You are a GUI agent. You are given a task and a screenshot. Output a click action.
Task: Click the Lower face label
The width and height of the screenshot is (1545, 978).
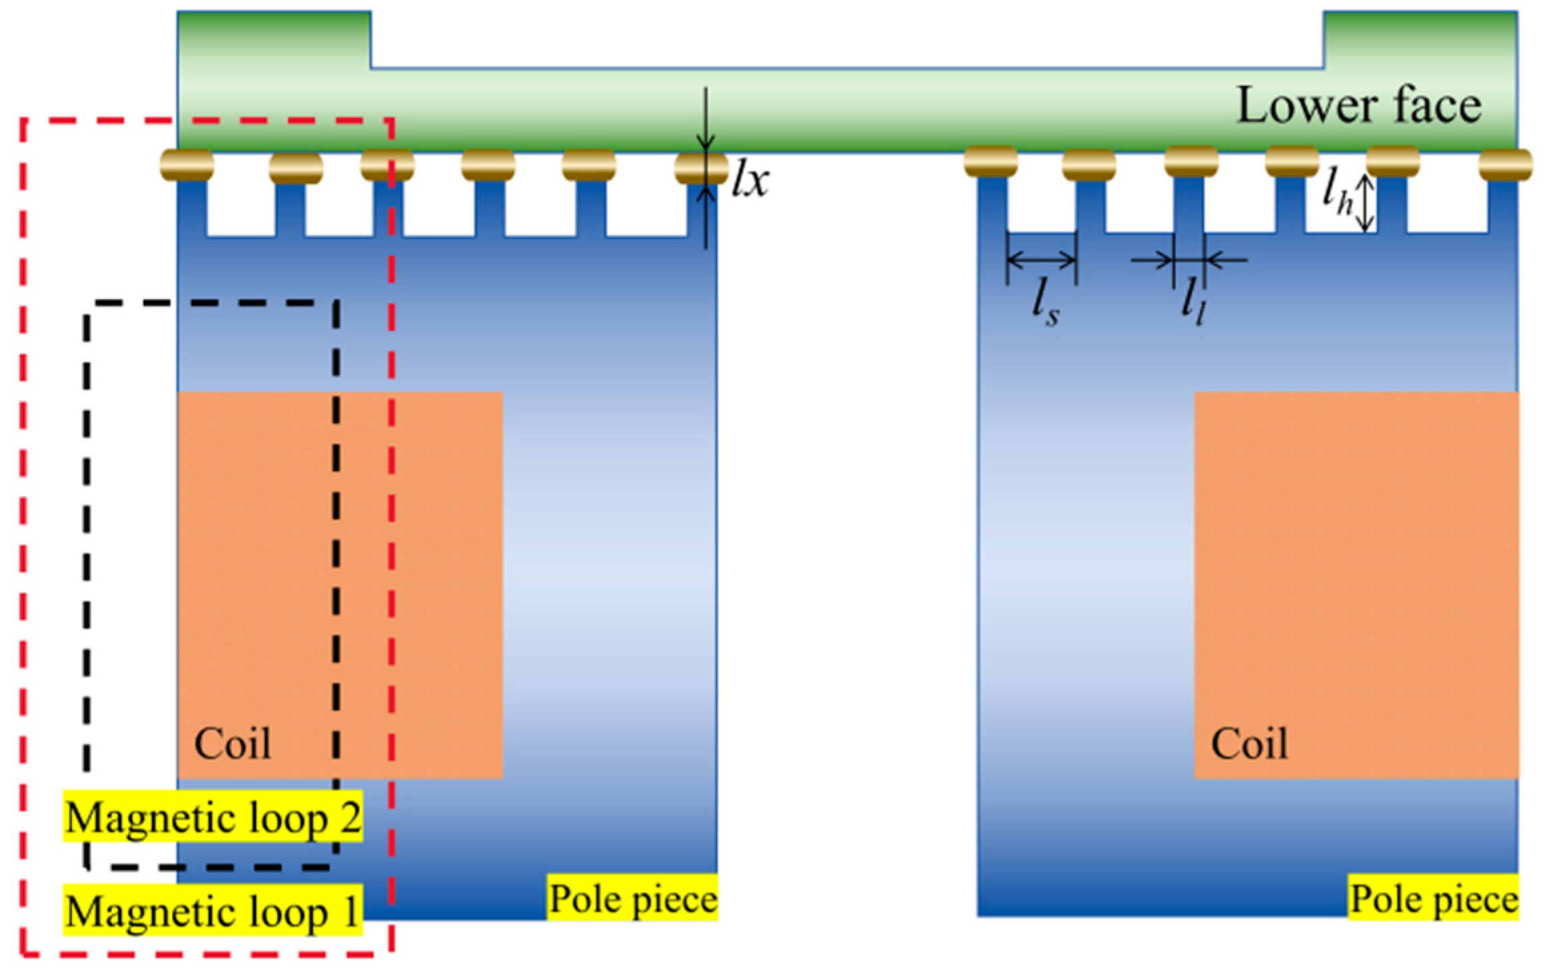click(x=1358, y=106)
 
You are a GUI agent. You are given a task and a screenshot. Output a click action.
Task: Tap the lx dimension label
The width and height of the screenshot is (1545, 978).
click(x=750, y=181)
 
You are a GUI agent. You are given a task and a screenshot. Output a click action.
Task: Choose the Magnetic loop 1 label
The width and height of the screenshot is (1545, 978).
click(x=213, y=911)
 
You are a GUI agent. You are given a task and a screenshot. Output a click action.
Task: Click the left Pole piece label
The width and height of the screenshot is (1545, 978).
click(x=632, y=899)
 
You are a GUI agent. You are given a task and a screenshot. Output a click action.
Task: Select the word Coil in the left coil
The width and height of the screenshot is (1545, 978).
click(x=233, y=743)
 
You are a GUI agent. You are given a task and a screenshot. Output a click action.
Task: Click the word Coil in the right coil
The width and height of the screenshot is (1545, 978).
click(x=1249, y=743)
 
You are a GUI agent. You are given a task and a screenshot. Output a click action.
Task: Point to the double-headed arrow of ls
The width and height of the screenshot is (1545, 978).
click(x=1041, y=259)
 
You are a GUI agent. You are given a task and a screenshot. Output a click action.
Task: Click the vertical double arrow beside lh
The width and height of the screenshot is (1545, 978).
click(x=1365, y=203)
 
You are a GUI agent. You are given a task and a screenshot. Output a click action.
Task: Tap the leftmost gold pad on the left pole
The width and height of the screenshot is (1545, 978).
click(x=187, y=165)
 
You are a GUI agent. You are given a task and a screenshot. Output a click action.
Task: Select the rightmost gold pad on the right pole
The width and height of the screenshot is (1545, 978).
click(x=1505, y=165)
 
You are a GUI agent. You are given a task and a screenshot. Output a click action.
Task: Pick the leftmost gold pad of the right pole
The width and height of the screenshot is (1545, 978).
click(x=991, y=163)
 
